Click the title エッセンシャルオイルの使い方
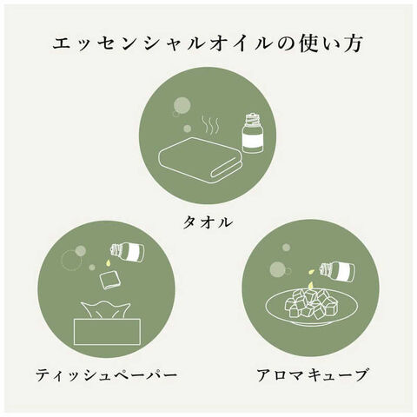coord(208,44)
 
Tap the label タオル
coord(208,222)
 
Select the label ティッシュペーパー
coord(106,375)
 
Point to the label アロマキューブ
coord(312,374)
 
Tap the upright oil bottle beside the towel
coord(252,133)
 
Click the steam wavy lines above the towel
coord(210,125)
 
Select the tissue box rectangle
coord(107,332)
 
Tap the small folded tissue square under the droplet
coord(108,281)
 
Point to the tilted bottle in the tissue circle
coord(128,252)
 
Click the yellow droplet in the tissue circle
coord(108,262)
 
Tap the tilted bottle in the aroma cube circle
coord(337,271)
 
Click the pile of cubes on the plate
coord(308,303)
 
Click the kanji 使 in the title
coord(310,44)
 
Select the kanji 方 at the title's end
coord(353,44)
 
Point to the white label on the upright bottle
coord(253,140)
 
